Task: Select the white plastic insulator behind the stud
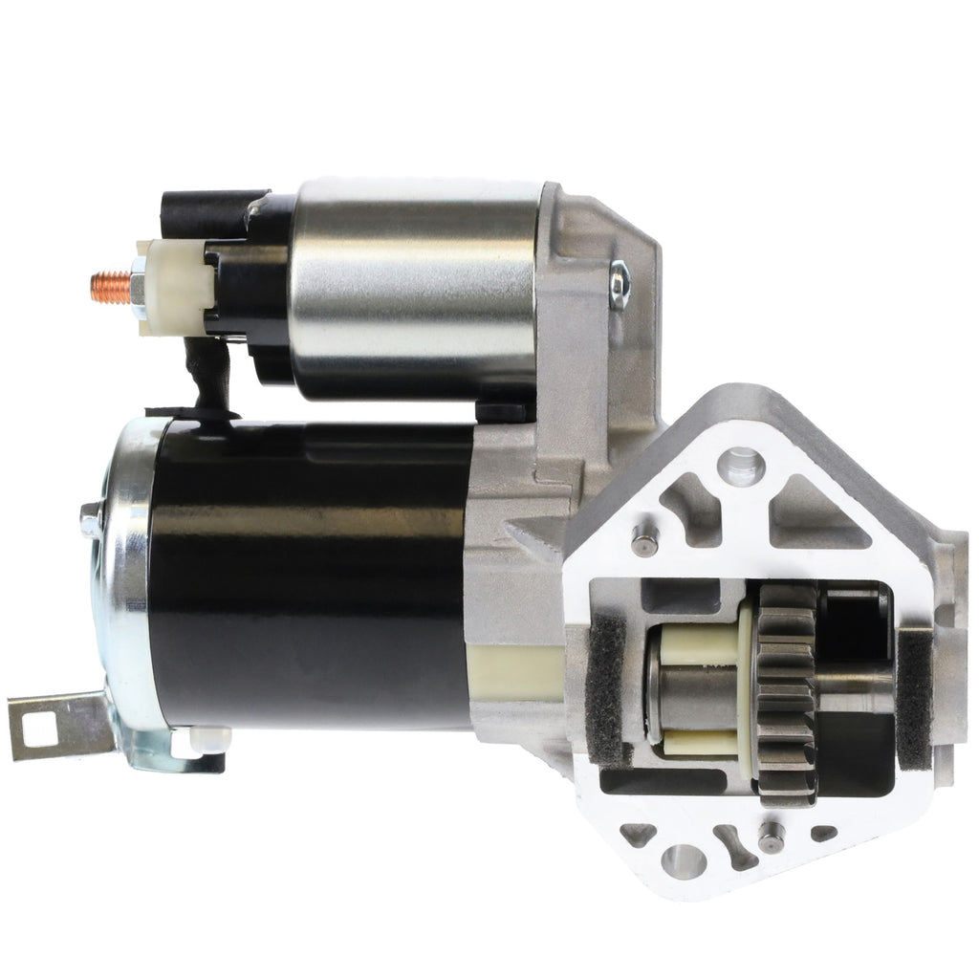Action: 173,286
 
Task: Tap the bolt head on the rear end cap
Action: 91,520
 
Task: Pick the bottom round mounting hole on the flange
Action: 684,860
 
